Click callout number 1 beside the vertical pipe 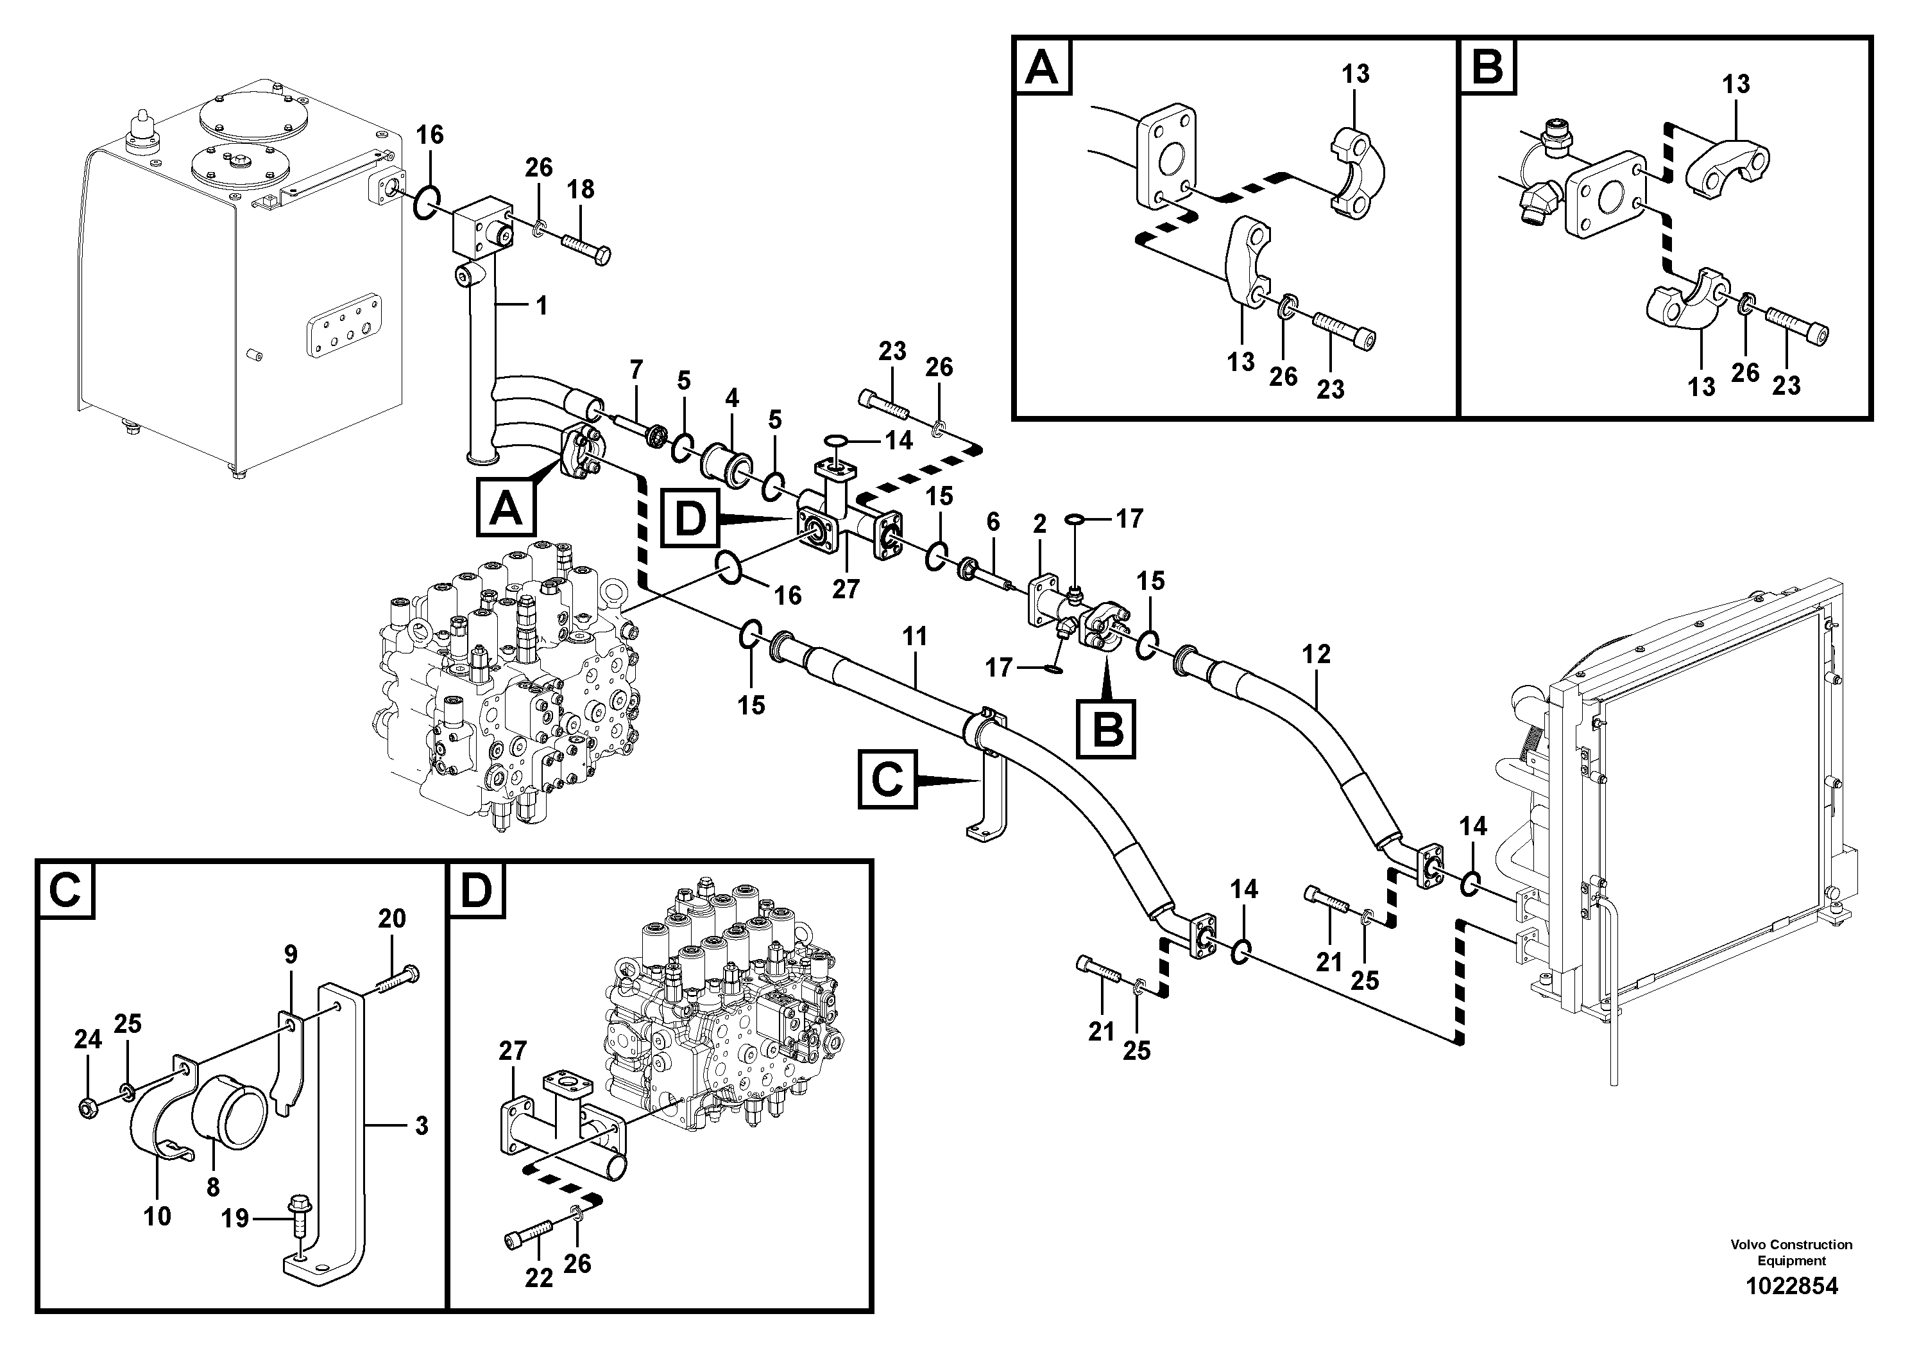tap(541, 306)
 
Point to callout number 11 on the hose tap(914, 637)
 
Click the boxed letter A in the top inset tap(1043, 67)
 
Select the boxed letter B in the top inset tap(1488, 67)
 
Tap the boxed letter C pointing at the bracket tap(887, 780)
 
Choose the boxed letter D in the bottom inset tap(477, 890)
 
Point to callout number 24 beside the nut tap(88, 1039)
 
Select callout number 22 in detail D tap(539, 1278)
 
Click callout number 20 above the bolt tap(392, 918)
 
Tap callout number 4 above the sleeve tap(731, 398)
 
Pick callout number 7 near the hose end tap(636, 368)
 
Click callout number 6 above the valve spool tap(993, 522)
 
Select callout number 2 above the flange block tap(1039, 524)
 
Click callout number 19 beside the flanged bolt tap(235, 1218)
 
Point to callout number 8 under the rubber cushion tap(213, 1188)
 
